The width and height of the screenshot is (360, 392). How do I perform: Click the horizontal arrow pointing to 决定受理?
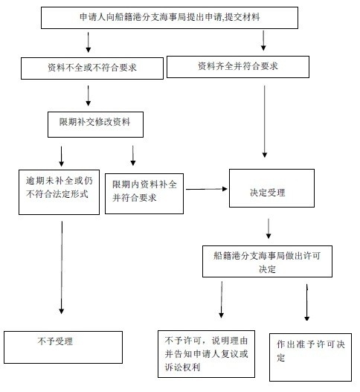coord(207,189)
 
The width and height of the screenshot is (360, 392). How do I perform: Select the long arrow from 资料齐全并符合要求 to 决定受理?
coord(265,121)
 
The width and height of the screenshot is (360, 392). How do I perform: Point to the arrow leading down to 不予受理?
coord(62,268)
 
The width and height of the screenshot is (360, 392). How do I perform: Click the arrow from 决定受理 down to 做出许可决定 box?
coord(269,228)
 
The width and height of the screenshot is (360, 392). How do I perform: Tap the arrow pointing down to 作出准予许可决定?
coord(307,303)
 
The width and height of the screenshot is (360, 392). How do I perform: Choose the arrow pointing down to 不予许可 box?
coord(221,300)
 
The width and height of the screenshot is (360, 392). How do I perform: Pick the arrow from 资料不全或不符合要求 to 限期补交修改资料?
coord(88,96)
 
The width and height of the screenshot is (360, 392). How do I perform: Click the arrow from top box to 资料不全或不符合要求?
coord(88,42)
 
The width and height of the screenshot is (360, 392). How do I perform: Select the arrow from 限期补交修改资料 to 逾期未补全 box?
coord(62,156)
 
